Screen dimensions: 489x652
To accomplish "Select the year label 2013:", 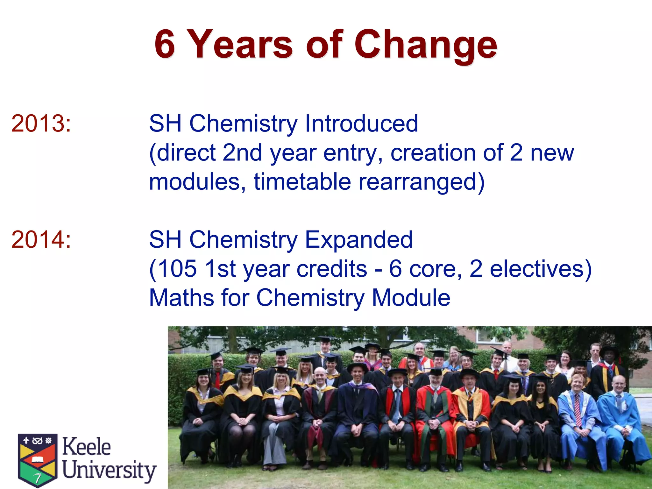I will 41,124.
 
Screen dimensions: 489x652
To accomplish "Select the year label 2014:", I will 41,240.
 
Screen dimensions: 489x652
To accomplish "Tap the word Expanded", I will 359,240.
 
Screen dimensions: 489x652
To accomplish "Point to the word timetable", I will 302,182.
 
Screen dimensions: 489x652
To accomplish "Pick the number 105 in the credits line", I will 177,269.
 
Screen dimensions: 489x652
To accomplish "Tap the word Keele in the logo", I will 86,447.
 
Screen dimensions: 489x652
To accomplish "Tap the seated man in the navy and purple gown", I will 357,411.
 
